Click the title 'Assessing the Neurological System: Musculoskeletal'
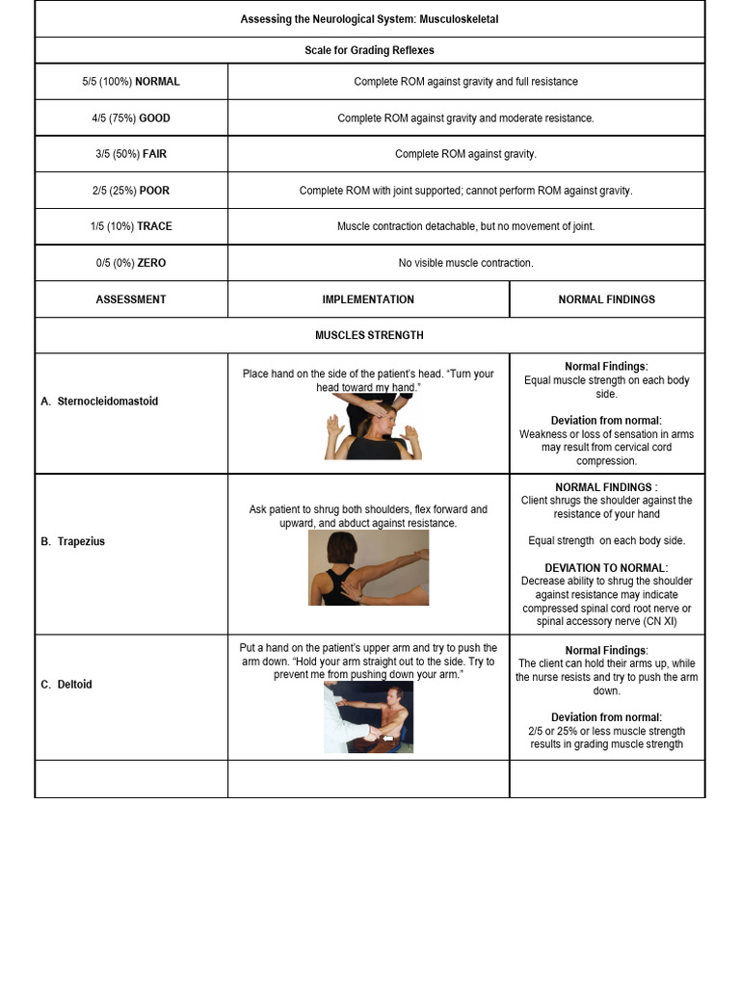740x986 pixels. [369, 19]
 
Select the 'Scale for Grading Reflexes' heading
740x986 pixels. [369, 50]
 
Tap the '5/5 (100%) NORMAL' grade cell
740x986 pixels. [131, 82]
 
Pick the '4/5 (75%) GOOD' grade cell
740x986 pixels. [131, 118]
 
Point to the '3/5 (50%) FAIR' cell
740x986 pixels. [131, 154]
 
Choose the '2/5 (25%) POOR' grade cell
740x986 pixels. [131, 191]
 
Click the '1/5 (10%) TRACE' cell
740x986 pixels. [131, 226]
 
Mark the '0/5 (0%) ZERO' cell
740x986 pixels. [131, 263]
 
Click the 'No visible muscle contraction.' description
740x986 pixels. [465, 263]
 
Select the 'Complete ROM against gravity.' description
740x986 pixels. [465, 154]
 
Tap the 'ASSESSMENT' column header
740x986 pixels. [131, 299]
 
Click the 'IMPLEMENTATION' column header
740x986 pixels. [368, 299]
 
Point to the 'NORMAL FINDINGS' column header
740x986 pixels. [606, 299]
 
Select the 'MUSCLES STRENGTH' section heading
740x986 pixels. [369, 335]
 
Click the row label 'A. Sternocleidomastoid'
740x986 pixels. [99, 402]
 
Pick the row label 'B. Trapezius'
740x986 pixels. [73, 542]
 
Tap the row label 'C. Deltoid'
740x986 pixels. [66, 685]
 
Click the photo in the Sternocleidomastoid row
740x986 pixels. [373, 427]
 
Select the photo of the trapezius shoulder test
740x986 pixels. [369, 567]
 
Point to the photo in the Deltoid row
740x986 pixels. [368, 717]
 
